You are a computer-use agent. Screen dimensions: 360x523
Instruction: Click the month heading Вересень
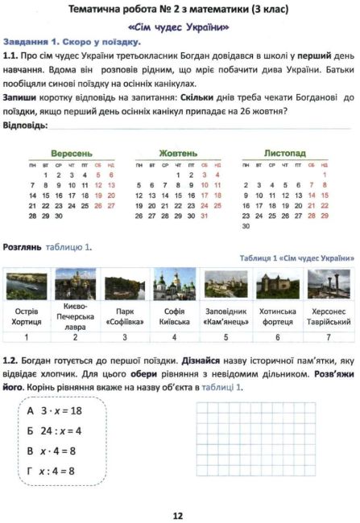72,151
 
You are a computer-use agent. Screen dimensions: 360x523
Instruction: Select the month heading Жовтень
178,151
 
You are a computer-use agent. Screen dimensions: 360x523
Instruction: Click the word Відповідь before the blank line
24,126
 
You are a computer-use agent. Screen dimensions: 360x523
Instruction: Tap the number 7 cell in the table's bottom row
329,337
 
